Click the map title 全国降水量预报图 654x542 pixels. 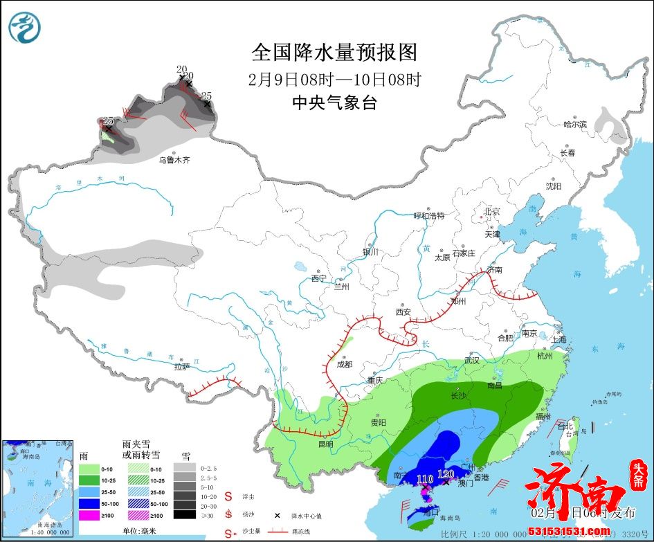coord(334,53)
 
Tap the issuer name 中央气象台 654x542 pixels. coord(334,103)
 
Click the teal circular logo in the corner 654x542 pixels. coord(25,27)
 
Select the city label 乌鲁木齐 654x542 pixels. coord(174,160)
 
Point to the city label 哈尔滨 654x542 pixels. coord(574,125)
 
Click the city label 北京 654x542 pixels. coord(491,211)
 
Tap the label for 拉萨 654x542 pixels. coord(182,367)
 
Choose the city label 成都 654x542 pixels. coord(344,364)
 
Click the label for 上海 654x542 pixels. coord(558,339)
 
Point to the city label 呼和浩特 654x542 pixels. coord(428,215)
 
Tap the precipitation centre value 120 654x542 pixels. coord(446,475)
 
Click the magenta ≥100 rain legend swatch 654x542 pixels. coord(89,514)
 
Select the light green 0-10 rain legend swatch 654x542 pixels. coord(89,469)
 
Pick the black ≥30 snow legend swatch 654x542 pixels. coord(183,514)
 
